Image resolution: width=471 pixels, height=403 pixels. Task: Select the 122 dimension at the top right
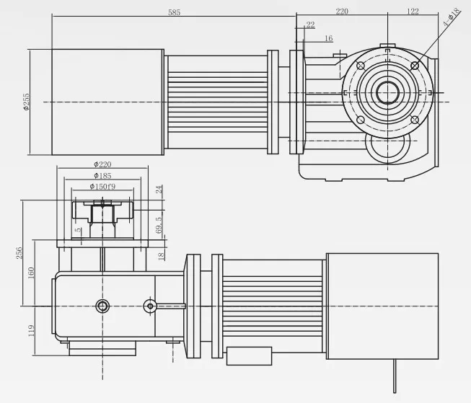413,12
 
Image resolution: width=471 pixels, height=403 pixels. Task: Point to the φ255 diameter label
25,102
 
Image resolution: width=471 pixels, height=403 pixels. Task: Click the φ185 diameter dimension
102,175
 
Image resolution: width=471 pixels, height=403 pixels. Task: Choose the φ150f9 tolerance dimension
102,186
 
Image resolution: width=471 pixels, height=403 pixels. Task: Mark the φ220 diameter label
102,164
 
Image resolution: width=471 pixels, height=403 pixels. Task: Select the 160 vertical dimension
31,274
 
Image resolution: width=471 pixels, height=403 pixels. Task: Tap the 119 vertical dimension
31,331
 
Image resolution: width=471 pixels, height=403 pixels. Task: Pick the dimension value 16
328,38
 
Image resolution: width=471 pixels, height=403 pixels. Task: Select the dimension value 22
310,25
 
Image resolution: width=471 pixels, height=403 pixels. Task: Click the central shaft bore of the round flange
387,93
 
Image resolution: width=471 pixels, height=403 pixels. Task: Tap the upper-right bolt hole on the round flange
415,66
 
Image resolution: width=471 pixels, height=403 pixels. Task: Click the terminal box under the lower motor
249,355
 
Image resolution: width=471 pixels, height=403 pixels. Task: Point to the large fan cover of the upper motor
107,102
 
